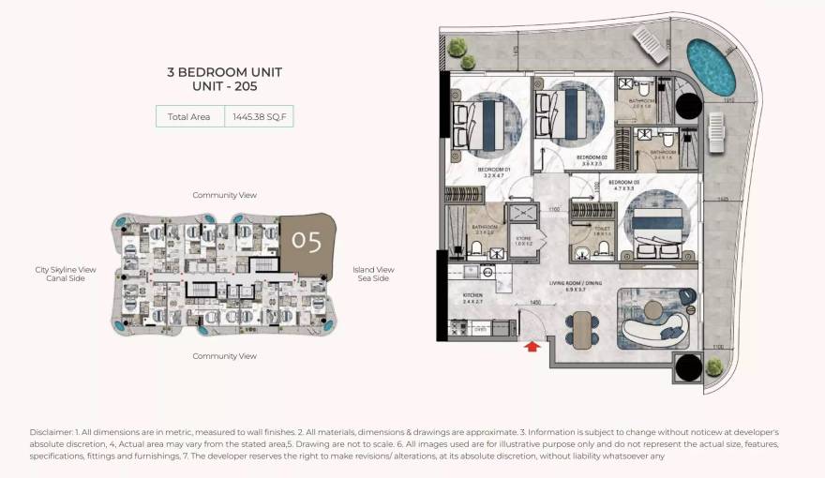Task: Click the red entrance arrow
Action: pos(532,347)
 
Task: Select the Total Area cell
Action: pos(188,116)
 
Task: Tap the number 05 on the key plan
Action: pos(307,241)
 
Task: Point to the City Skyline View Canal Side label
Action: pos(66,274)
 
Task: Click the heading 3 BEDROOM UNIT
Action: pos(224,72)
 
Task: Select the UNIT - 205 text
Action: pos(224,86)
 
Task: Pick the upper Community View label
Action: pos(224,195)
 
